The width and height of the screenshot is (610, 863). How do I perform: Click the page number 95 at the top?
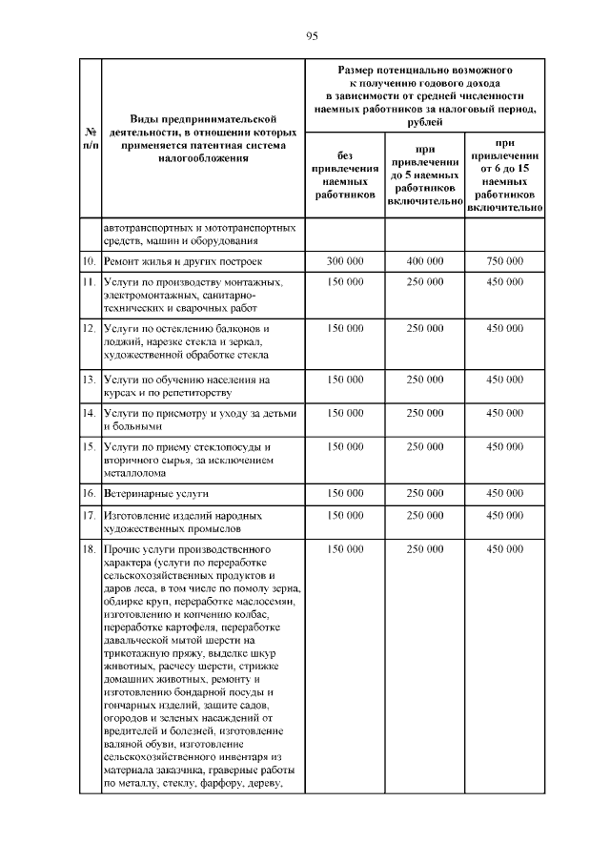[x=311, y=36]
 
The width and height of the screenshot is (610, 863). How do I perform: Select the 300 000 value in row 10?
[x=345, y=260]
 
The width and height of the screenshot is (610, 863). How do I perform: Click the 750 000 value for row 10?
[x=505, y=260]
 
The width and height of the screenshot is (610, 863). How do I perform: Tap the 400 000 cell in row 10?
[x=425, y=260]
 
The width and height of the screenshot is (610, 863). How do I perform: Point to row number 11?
[x=87, y=282]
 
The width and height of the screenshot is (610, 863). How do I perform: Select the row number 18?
[x=87, y=550]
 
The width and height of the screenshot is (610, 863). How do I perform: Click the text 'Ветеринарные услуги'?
[x=156, y=493]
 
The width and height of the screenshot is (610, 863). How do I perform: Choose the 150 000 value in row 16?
[x=345, y=493]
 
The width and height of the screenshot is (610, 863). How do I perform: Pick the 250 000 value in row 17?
[x=425, y=516]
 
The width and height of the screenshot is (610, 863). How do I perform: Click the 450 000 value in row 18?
[x=505, y=550]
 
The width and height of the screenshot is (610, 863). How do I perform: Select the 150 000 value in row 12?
[x=345, y=328]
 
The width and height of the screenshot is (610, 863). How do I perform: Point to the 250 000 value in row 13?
[x=425, y=380]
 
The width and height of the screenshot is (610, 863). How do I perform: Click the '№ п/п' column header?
[x=87, y=137]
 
